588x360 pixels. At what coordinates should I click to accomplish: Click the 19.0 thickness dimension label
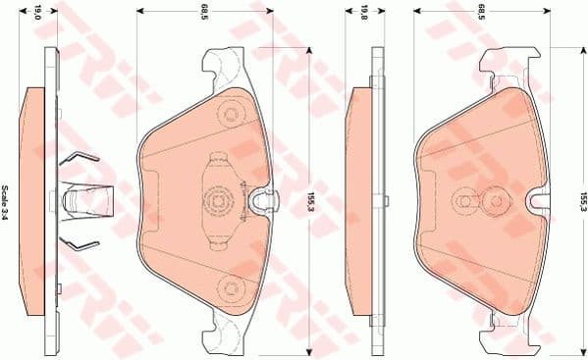pos(38,13)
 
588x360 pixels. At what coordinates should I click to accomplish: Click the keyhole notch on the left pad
pos(261,202)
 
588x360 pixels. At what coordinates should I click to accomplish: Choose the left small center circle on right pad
pos(461,200)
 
